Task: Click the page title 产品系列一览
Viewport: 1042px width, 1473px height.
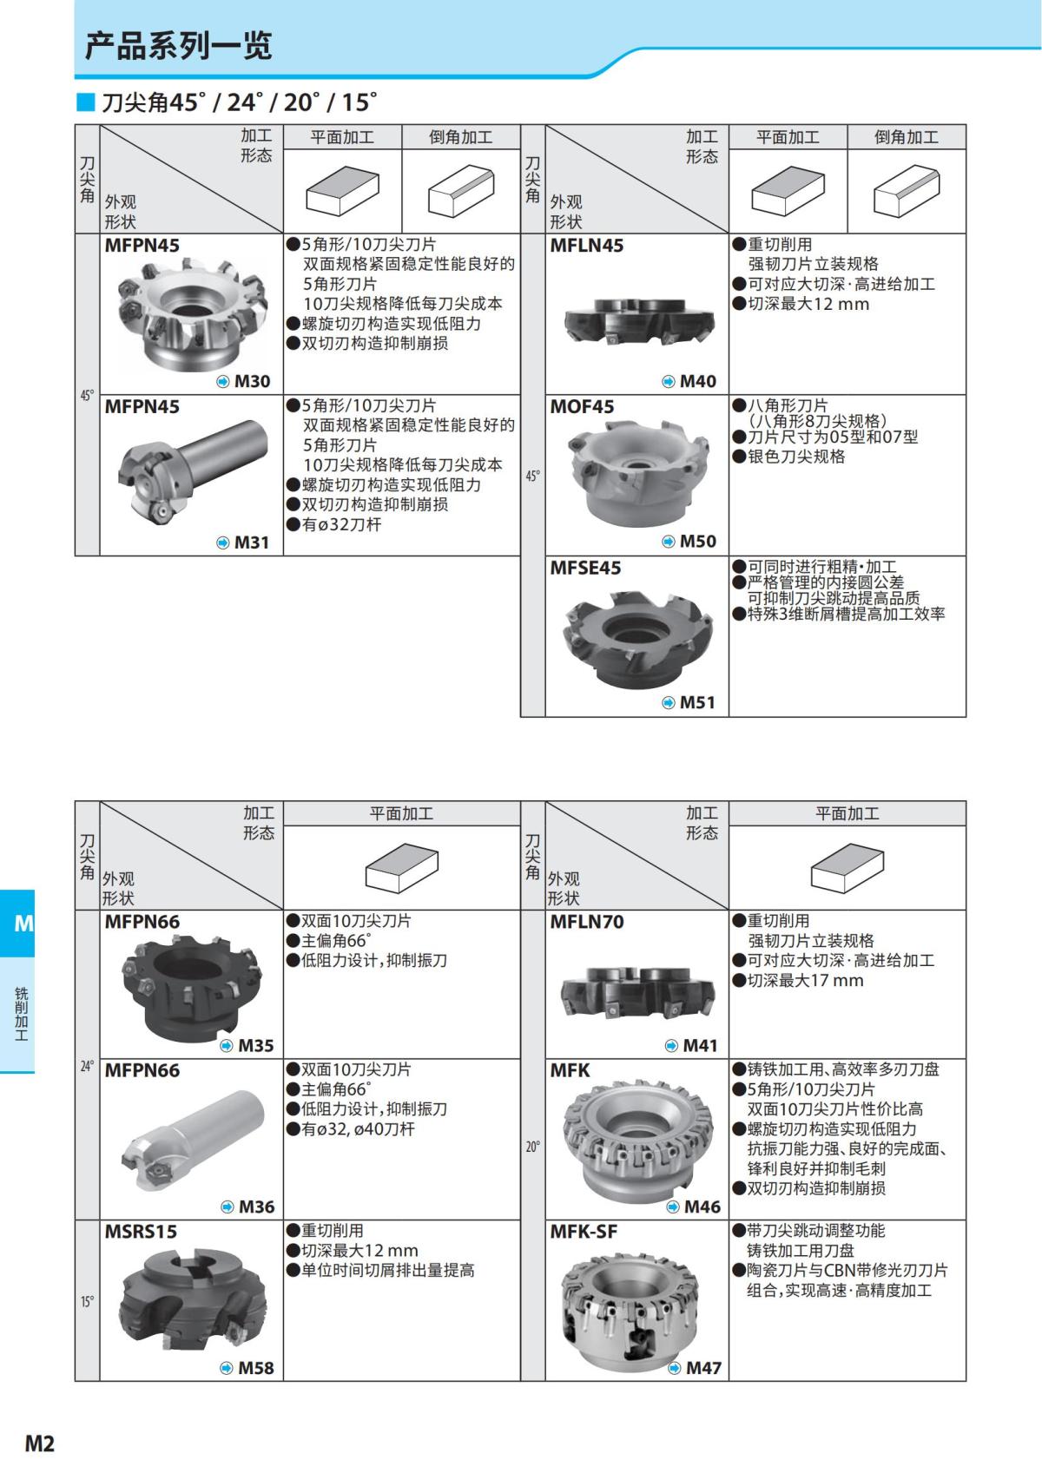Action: (178, 45)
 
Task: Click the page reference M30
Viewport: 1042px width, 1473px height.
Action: (253, 381)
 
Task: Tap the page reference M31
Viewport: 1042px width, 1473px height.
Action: (252, 543)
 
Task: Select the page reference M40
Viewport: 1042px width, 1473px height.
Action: (698, 381)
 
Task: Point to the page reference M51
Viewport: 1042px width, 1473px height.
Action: (697, 702)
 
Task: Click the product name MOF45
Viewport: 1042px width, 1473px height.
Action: (582, 406)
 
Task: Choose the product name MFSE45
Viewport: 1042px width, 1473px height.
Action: (585, 568)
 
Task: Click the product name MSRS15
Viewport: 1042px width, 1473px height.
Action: (141, 1231)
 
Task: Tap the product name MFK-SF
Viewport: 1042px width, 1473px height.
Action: (584, 1231)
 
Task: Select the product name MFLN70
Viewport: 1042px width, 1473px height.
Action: (587, 921)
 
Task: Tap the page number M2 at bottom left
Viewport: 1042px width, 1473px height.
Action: (39, 1443)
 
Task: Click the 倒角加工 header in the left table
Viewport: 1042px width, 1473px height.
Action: (460, 137)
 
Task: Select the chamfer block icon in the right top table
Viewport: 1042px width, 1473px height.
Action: (906, 192)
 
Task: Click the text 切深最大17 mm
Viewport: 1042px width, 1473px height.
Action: (805, 980)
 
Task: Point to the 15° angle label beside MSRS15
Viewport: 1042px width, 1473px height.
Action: (87, 1301)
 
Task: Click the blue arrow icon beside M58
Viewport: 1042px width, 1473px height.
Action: (227, 1368)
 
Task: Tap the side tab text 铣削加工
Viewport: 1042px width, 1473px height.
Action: (21, 1013)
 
